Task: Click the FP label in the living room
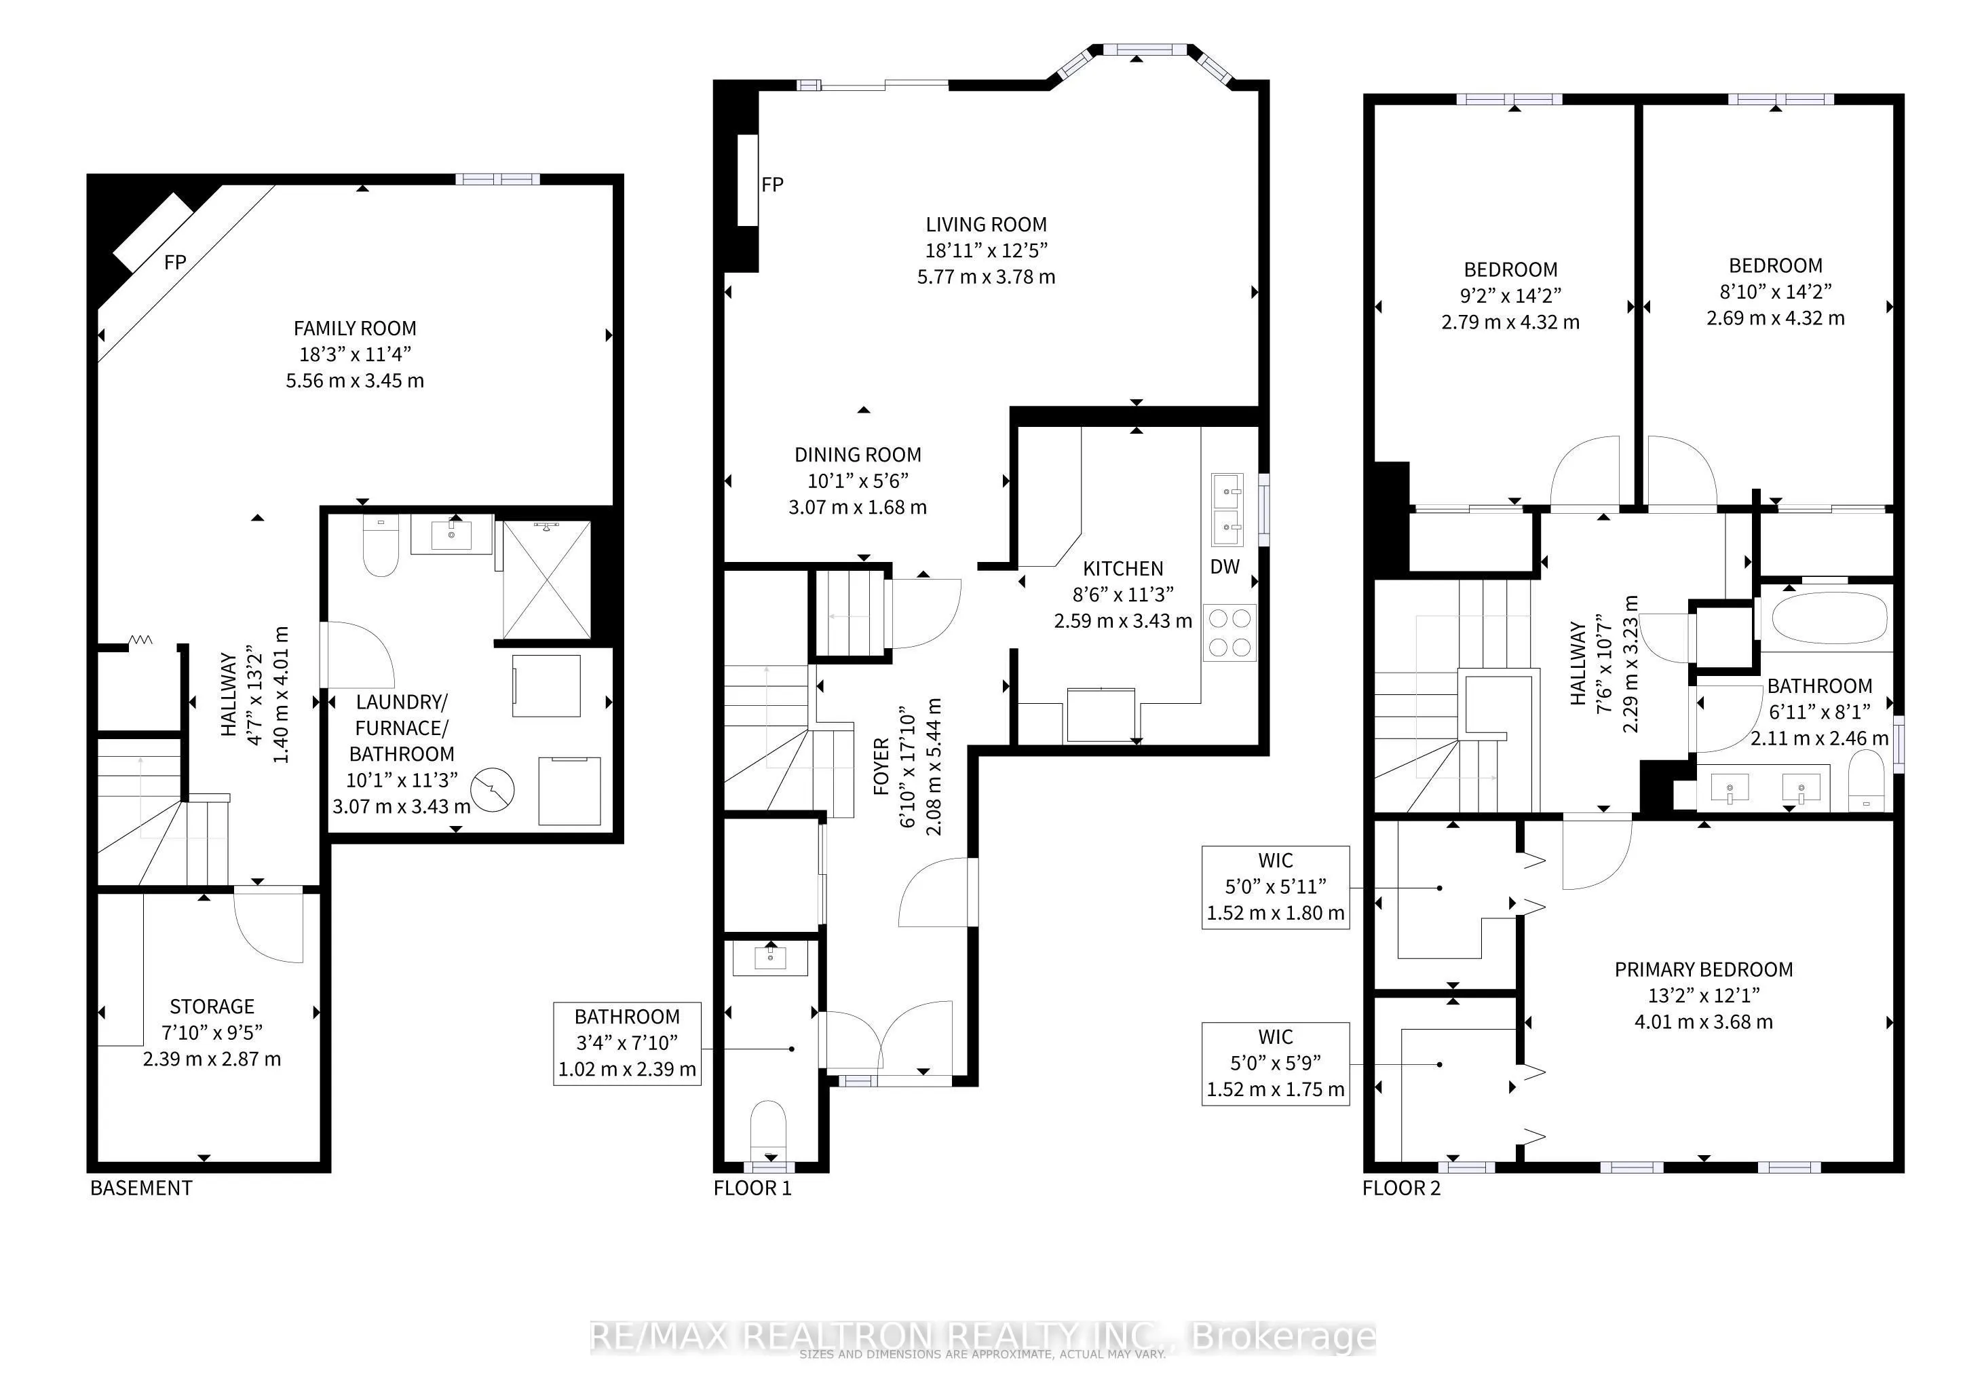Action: coord(772,185)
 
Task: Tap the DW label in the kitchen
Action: coord(1225,567)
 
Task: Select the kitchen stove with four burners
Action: coord(1230,633)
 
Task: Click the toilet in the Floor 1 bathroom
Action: coord(767,1128)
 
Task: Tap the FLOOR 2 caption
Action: coord(1401,1188)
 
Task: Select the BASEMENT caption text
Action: coord(141,1188)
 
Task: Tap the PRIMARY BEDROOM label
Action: coord(1703,970)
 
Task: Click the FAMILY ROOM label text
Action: coord(354,328)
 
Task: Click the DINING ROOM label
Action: coord(858,455)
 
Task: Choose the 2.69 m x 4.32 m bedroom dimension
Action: coord(1775,318)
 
